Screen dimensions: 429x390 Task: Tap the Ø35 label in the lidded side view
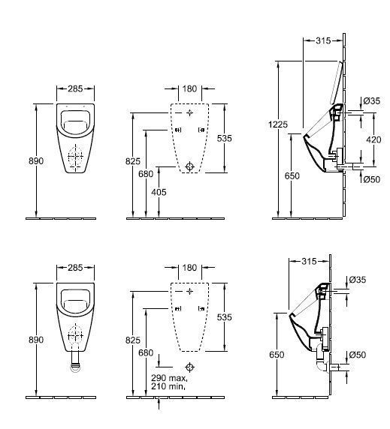[370, 100]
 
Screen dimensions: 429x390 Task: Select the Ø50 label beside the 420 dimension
[370, 178]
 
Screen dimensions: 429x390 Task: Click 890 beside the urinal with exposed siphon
[36, 340]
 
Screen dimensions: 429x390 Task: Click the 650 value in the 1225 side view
[292, 176]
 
